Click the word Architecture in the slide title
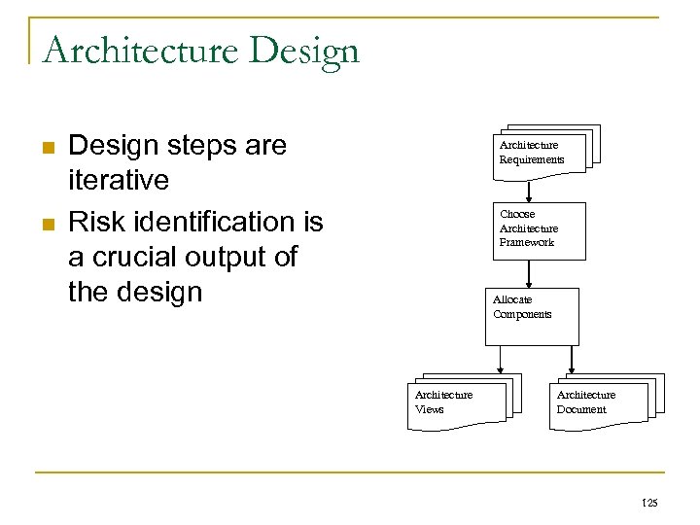click(139, 50)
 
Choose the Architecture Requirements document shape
click(542, 152)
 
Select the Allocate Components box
click(532, 316)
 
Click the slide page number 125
click(649, 502)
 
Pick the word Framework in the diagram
click(527, 242)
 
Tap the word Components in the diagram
click(522, 314)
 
